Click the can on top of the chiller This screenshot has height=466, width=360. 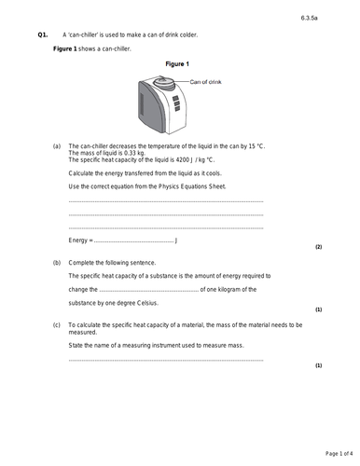point(169,81)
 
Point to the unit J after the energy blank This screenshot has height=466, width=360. point(177,240)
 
